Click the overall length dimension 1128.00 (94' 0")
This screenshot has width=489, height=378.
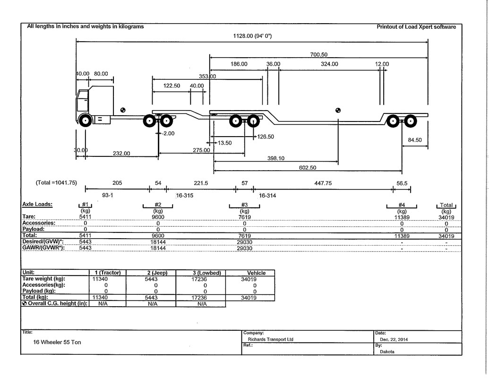click(x=252, y=36)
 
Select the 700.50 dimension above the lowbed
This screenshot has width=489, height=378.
click(x=319, y=55)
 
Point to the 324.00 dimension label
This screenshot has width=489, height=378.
click(x=329, y=64)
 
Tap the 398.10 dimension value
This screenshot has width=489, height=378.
click(x=276, y=158)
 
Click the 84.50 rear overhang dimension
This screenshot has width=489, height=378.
click(x=415, y=140)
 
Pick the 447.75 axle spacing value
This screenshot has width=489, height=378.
click(x=323, y=183)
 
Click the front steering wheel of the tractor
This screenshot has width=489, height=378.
click(x=85, y=120)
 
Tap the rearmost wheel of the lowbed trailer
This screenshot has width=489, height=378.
click(x=411, y=121)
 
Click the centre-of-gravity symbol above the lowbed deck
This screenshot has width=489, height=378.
click(x=338, y=110)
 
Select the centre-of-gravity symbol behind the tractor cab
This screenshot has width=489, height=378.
click(x=123, y=110)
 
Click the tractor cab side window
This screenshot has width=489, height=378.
click(x=82, y=101)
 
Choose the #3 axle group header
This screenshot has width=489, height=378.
click(x=245, y=205)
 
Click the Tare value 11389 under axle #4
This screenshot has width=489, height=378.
click(x=402, y=217)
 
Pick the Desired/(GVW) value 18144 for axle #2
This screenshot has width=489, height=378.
click(x=158, y=242)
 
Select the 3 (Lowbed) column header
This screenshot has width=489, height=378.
click(x=207, y=273)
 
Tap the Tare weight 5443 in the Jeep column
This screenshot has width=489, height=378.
click(x=151, y=279)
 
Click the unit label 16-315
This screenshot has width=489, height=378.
click(x=185, y=196)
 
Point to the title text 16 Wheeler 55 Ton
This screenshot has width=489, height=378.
click(x=57, y=342)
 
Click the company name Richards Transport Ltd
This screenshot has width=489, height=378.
click(x=270, y=339)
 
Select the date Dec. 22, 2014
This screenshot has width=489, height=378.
click(x=394, y=339)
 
